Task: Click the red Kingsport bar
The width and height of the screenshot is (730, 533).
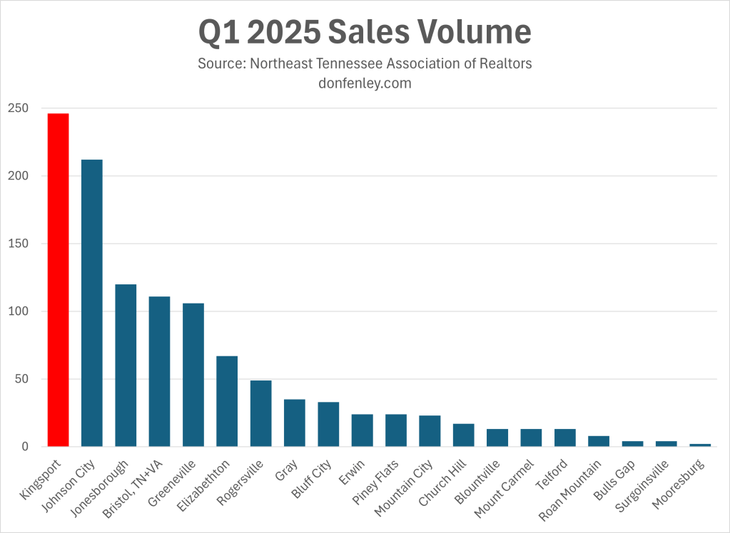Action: pyautogui.click(x=58, y=280)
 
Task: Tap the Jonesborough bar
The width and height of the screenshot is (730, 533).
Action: pyautogui.click(x=126, y=365)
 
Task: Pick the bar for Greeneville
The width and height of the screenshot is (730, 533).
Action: pyautogui.click(x=193, y=375)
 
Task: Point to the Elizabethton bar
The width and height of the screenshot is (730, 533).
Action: pyautogui.click(x=227, y=401)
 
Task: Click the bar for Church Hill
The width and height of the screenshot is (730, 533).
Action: pyautogui.click(x=464, y=435)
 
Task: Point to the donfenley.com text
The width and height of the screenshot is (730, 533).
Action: pyautogui.click(x=365, y=83)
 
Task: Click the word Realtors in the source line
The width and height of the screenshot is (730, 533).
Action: pyautogui.click(x=505, y=63)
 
